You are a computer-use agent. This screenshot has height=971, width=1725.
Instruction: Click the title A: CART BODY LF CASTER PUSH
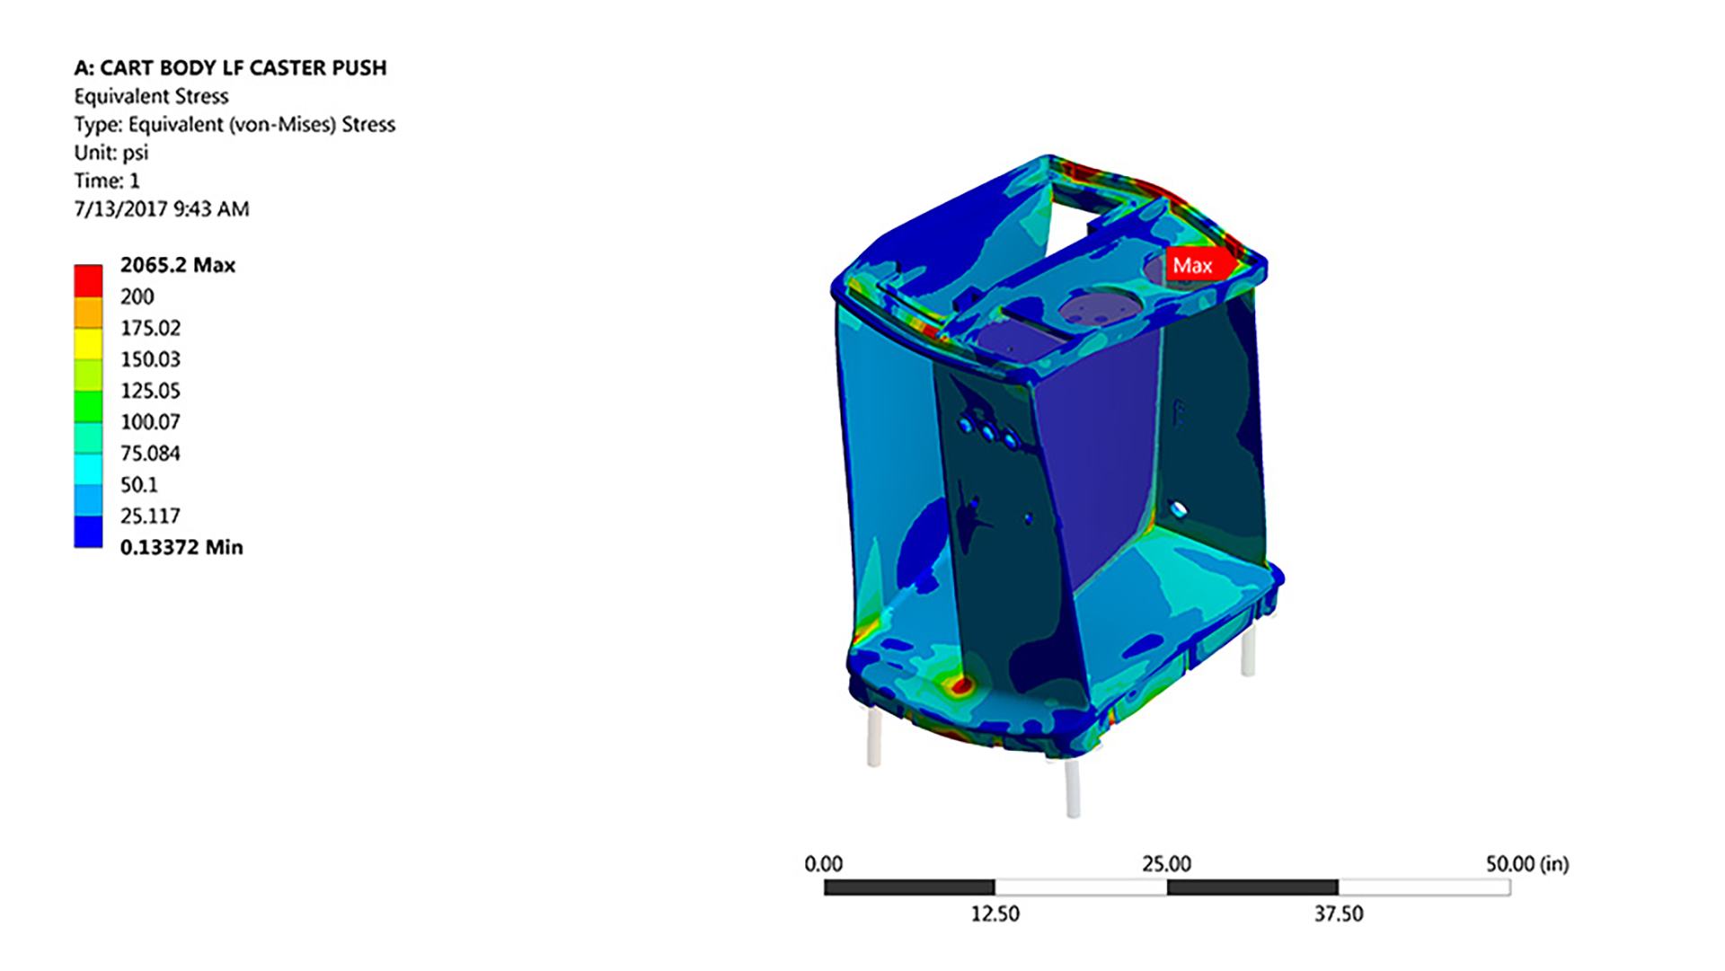click(230, 68)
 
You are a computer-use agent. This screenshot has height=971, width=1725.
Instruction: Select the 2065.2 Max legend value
click(178, 265)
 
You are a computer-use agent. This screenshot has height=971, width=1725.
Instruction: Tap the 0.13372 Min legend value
click(181, 547)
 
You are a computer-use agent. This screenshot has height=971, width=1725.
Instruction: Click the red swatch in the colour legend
click(88, 280)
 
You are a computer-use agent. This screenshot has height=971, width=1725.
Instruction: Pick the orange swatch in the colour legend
click(88, 313)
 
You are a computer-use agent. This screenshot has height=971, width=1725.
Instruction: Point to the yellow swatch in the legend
click(88, 344)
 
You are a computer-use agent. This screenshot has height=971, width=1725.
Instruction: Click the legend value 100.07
click(150, 422)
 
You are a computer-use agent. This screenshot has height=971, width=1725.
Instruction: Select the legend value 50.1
click(139, 485)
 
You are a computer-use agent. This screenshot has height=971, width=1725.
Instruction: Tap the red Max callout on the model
click(1193, 266)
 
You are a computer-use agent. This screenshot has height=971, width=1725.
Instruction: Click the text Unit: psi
click(111, 153)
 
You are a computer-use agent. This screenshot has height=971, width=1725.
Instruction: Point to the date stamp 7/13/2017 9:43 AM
click(162, 209)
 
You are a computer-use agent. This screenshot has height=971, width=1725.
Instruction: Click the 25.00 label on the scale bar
click(1166, 864)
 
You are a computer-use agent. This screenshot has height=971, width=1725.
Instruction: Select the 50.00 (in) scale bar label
click(1526, 864)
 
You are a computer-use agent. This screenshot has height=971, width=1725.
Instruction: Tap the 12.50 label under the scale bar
click(995, 914)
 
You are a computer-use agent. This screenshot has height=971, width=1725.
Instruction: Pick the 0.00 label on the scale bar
click(823, 864)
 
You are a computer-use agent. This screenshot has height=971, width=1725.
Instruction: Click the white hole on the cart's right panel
click(1180, 510)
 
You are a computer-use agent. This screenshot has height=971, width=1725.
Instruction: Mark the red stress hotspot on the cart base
click(961, 687)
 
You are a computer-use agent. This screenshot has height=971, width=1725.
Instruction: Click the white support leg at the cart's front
click(1072, 789)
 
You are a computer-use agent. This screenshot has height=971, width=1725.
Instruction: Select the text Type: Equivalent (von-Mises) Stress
click(234, 125)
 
